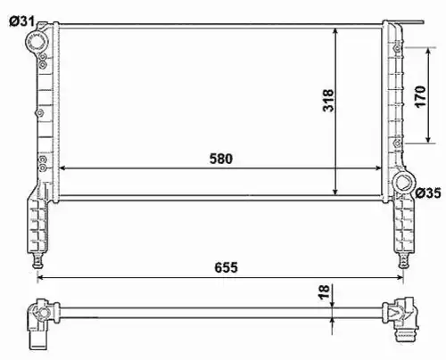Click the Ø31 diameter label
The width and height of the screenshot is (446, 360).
tap(21, 21)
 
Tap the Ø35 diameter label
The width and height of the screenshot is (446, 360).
tap(428, 193)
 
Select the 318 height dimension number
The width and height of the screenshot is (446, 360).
tap(328, 100)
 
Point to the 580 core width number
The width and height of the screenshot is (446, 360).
tap(221, 159)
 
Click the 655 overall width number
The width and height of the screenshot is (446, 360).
tap(226, 267)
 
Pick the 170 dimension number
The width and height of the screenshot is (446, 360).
tap(420, 96)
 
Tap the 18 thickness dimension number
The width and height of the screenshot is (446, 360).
tap(324, 291)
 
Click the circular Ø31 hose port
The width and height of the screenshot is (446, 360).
tap(37, 42)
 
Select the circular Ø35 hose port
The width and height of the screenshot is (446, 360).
tap(403, 182)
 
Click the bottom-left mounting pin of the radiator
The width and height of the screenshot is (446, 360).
tap(37, 260)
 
